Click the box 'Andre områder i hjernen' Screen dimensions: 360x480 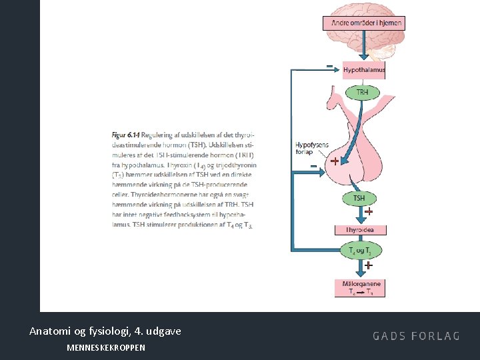coord(364,23)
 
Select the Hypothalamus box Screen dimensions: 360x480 coord(364,70)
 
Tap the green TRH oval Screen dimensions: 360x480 coord(362,92)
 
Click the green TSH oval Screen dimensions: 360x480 coord(359,198)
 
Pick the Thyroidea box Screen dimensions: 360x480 coord(359,230)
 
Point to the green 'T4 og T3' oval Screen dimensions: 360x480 coord(360,251)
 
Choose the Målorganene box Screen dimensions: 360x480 coord(361,288)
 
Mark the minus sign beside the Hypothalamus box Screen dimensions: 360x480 coord(329,66)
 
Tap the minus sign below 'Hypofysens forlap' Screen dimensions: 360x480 coord(313,166)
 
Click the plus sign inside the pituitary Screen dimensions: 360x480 coord(335,161)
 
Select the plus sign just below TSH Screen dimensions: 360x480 coord(368,212)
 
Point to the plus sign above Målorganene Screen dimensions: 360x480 coord(368,265)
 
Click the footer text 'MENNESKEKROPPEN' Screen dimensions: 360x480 coord(106,347)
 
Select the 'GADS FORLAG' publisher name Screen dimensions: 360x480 coord(416,336)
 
